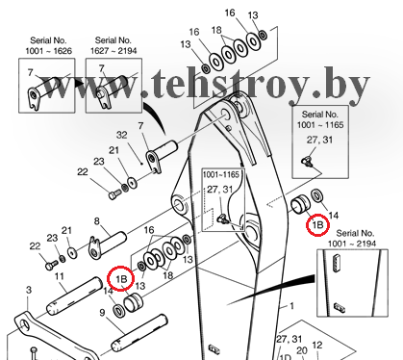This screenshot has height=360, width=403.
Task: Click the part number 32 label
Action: pyautogui.click(x=121, y=135)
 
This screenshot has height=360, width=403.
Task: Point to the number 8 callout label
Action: pyautogui.click(x=97, y=221)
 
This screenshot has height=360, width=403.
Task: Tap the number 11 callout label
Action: pyautogui.click(x=60, y=276)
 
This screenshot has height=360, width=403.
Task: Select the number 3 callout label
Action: pyautogui.click(x=29, y=290)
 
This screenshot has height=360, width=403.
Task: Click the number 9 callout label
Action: pyautogui.click(x=102, y=312)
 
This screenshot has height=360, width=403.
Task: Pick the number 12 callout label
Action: pyautogui.click(x=316, y=346)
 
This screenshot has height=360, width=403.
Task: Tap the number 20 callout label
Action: pyautogui.click(x=302, y=351)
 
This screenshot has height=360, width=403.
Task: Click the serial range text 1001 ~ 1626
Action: pyautogui.click(x=49, y=51)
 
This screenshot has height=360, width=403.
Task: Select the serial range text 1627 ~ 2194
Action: pyautogui.click(x=113, y=51)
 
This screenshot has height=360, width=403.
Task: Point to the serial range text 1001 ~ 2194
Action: pyautogui.click(x=352, y=244)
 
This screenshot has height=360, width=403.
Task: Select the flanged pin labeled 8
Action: pyautogui.click(x=108, y=245)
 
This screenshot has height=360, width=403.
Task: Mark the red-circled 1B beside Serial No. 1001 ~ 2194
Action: pyautogui.click(x=317, y=225)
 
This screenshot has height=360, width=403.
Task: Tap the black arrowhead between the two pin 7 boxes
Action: pyautogui.click(x=80, y=85)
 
